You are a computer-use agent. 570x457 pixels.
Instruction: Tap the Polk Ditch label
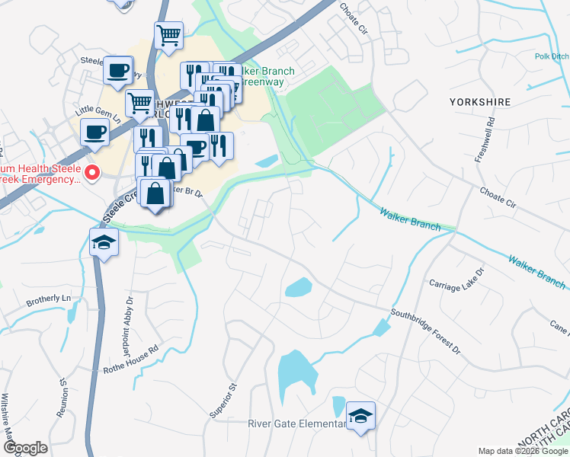click(551, 56)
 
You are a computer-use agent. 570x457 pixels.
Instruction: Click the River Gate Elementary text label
click(296, 424)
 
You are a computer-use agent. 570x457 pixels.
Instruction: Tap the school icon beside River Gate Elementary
click(360, 416)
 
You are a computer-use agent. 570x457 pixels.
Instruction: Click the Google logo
click(24, 448)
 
